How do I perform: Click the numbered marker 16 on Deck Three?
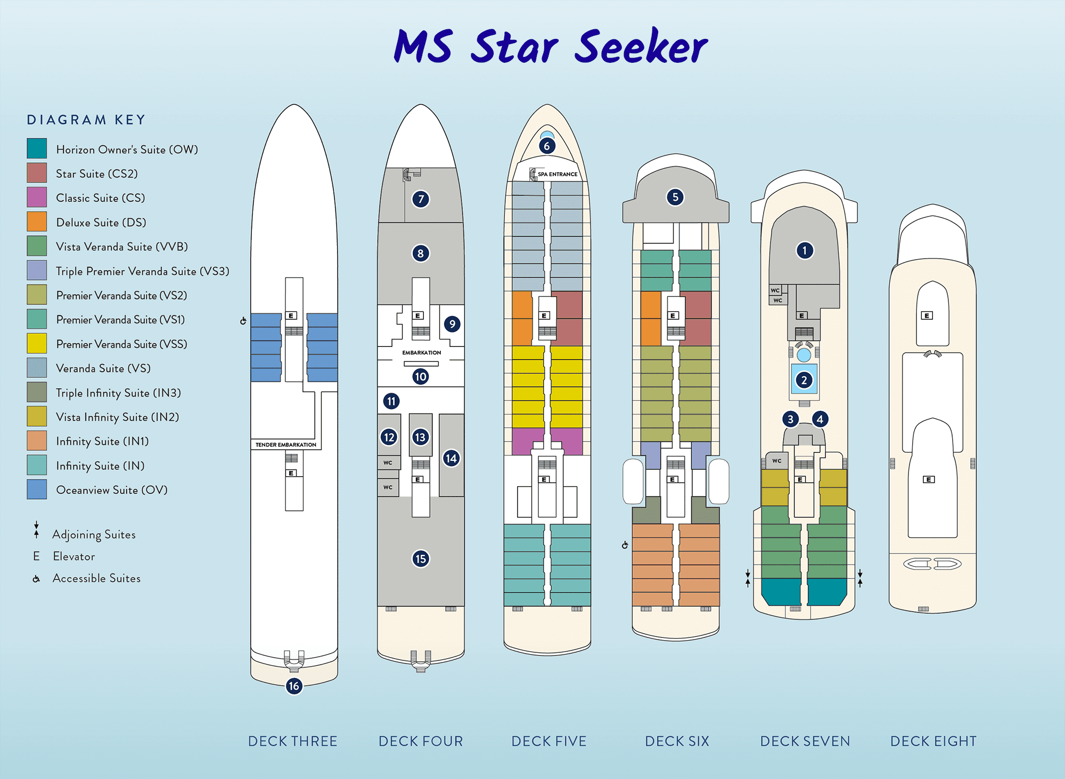(294, 686)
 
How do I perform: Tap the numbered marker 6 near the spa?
(547, 146)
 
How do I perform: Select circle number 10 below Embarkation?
(421, 377)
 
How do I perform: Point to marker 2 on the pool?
(804, 380)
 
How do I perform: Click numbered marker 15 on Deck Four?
(421, 559)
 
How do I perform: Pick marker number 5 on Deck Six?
(675, 197)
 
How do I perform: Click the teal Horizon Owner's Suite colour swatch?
(37, 148)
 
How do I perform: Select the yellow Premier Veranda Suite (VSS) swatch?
(37, 343)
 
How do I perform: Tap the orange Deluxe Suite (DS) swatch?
(37, 221)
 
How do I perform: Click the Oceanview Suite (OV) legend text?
(112, 490)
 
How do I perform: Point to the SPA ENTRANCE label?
(557, 174)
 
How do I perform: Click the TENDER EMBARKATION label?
(286, 445)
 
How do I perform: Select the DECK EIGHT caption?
(933, 741)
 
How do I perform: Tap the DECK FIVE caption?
(549, 741)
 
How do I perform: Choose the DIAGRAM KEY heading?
(86, 120)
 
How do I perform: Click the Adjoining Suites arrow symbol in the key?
(36, 530)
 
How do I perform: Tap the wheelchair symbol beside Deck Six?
(625, 545)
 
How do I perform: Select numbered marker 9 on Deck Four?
(452, 324)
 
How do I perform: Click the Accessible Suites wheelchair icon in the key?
(36, 579)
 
